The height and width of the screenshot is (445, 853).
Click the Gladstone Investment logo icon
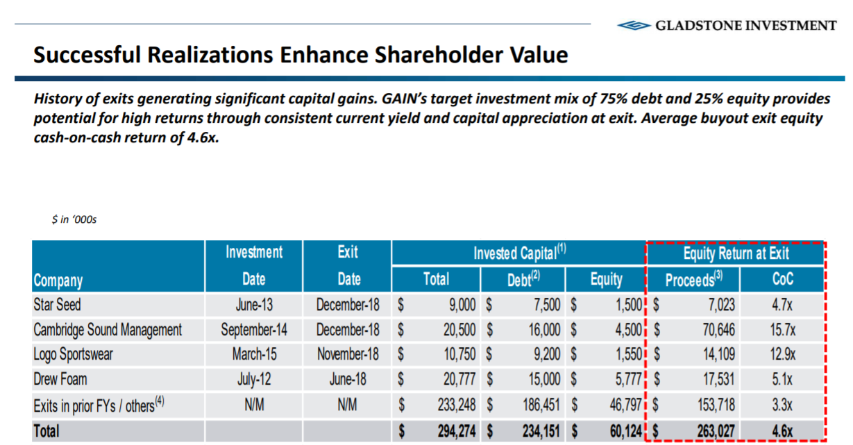(x=633, y=26)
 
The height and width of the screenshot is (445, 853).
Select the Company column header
(x=58, y=280)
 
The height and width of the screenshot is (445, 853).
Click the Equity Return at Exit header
(x=736, y=253)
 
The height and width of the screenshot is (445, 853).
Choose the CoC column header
(x=782, y=280)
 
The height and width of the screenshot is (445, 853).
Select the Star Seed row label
(x=58, y=304)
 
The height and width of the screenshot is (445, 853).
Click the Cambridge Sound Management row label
(x=108, y=329)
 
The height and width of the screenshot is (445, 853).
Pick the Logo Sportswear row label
(x=73, y=354)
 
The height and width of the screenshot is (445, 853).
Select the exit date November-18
(x=348, y=354)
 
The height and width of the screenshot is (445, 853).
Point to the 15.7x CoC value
(x=782, y=329)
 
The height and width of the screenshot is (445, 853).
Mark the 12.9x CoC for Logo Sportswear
(x=782, y=354)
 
